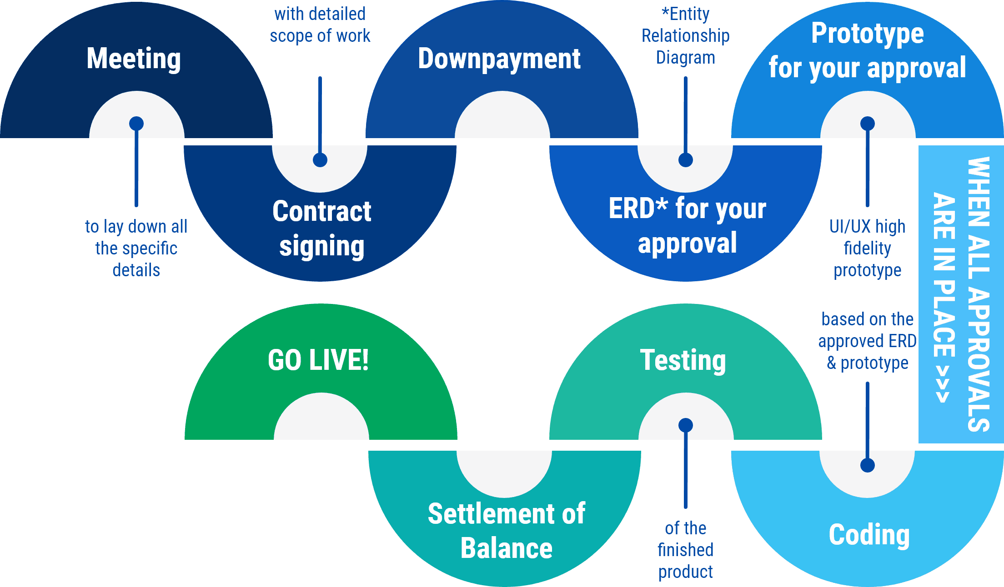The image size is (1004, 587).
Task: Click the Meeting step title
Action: point(134,59)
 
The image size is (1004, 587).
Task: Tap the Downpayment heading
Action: point(499,59)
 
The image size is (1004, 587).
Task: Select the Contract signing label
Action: point(321,229)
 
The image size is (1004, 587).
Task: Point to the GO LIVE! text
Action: point(318,360)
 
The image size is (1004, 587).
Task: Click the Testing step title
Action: point(683,360)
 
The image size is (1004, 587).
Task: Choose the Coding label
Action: point(869,535)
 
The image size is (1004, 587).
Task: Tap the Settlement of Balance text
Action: point(506,531)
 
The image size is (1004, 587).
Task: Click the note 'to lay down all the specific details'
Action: point(136,248)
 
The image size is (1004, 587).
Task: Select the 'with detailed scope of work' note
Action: point(320,25)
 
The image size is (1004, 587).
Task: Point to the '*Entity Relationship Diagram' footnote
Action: point(685,36)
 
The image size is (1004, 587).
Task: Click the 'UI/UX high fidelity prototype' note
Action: point(867,248)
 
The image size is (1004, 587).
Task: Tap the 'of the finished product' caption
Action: point(685,550)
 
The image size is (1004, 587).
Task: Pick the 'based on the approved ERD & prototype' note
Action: point(867,341)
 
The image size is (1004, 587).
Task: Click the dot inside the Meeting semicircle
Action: point(136,124)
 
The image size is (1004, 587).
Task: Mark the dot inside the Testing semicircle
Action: point(686,425)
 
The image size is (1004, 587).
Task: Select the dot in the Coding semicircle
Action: point(868,465)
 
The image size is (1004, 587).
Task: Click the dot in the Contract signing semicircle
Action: point(320,160)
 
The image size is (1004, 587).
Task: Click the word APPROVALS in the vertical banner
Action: point(979,359)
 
